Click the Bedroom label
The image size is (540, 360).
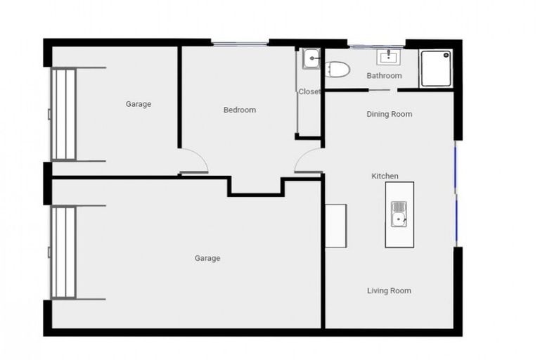(x=239, y=110)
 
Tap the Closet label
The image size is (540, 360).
(x=309, y=91)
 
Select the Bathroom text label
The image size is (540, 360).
(x=384, y=76)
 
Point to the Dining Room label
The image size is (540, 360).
(x=389, y=114)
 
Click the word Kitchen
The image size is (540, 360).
(x=385, y=176)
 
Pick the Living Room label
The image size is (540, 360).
(x=389, y=290)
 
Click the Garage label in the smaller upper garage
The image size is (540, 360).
(x=139, y=104)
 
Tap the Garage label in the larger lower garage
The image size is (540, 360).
(x=207, y=258)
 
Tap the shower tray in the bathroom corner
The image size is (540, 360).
(x=436, y=68)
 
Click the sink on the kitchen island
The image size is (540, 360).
(x=399, y=214)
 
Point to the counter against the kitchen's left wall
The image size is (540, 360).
(x=335, y=225)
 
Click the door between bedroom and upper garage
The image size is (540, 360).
(x=193, y=163)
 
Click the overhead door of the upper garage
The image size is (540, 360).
(x=63, y=114)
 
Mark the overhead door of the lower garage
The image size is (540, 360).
(x=63, y=252)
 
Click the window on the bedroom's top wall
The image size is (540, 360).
(x=240, y=44)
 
